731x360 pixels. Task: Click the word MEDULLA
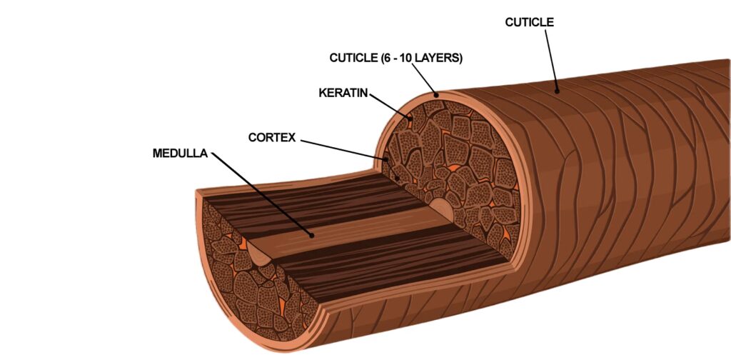pyautogui.click(x=180, y=153)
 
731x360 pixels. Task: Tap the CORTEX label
pyautogui.click(x=271, y=136)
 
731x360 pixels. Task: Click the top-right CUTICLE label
pyautogui.click(x=529, y=22)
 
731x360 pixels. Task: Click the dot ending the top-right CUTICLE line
pyautogui.click(x=558, y=91)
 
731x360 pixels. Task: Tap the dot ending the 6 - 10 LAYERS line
pyautogui.click(x=435, y=94)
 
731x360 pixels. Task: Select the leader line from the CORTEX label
pyautogui.click(x=343, y=148)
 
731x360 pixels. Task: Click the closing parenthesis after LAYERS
pyautogui.click(x=460, y=58)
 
